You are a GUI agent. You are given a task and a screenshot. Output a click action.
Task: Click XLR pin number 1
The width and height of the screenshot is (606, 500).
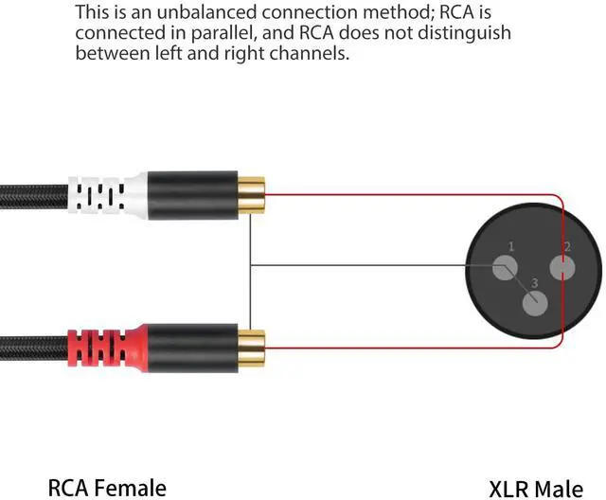click(503, 269)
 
